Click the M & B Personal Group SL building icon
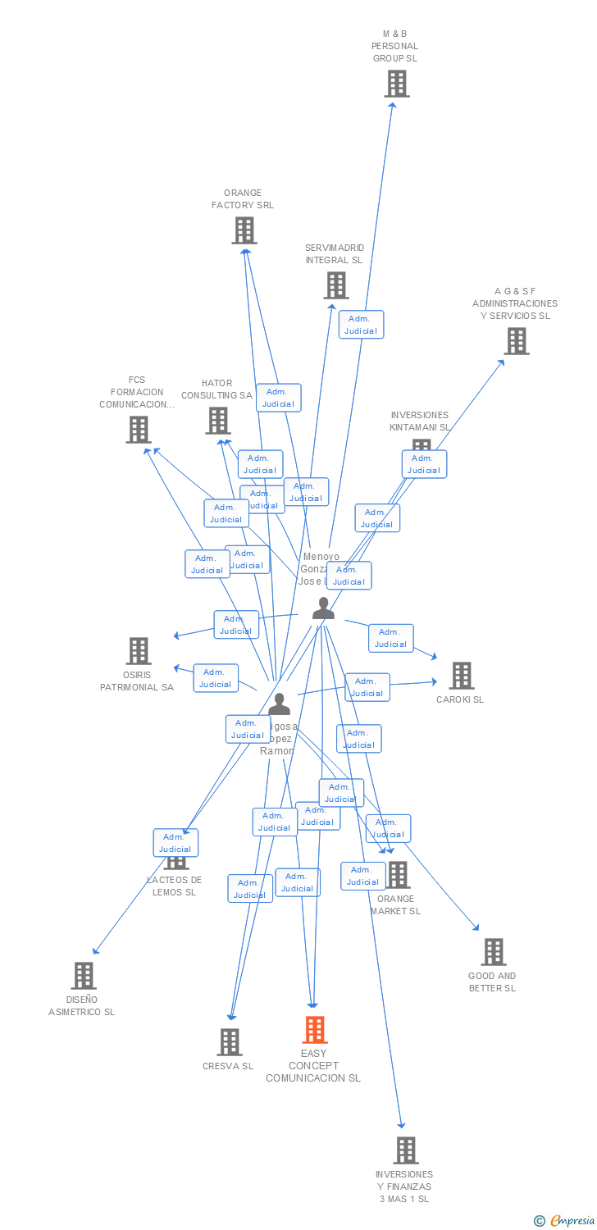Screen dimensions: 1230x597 click(x=397, y=84)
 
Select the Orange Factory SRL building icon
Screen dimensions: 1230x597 click(x=244, y=230)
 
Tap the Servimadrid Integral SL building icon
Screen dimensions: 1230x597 click(x=335, y=285)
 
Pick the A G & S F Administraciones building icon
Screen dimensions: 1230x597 click(x=516, y=341)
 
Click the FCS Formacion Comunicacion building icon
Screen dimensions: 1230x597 click(x=138, y=429)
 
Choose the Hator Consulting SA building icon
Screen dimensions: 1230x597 click(x=217, y=421)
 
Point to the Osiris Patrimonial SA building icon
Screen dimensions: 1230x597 click(x=138, y=651)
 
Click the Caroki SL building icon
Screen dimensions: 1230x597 click(x=461, y=676)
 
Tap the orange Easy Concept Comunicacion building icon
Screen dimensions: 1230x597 click(x=315, y=1030)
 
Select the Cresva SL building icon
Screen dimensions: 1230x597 click(x=229, y=1042)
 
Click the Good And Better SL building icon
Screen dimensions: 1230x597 click(x=493, y=952)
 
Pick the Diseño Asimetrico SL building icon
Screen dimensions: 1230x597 click(x=83, y=976)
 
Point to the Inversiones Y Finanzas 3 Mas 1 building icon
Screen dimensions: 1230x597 click(x=405, y=1150)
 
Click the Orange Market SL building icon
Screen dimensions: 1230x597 click(x=398, y=875)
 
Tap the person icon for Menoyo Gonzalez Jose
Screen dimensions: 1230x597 click(x=323, y=608)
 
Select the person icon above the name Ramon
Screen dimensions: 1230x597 click(x=279, y=704)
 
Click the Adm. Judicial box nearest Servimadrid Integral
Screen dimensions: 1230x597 click(x=361, y=325)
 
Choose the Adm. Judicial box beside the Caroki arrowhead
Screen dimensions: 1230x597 click(x=390, y=638)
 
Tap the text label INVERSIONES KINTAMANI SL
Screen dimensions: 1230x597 click(x=420, y=421)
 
